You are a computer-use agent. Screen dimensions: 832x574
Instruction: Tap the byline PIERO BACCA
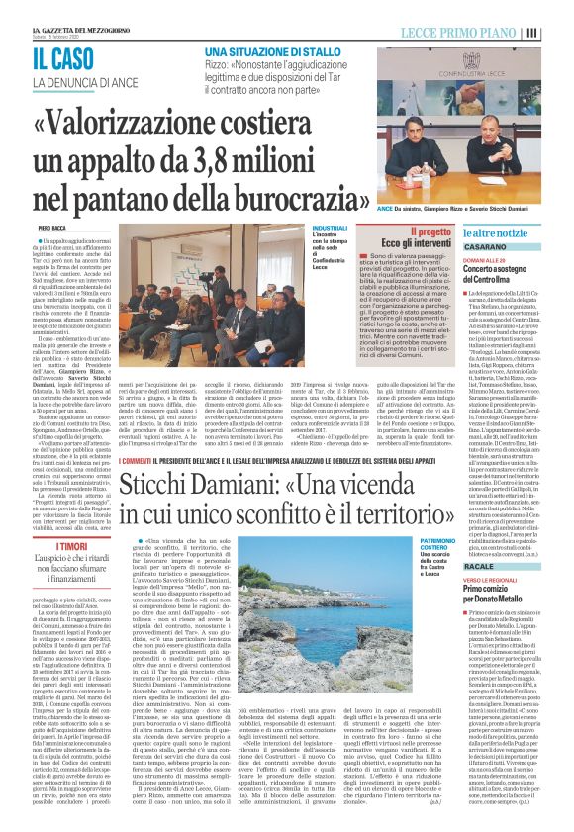[x=51, y=228]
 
